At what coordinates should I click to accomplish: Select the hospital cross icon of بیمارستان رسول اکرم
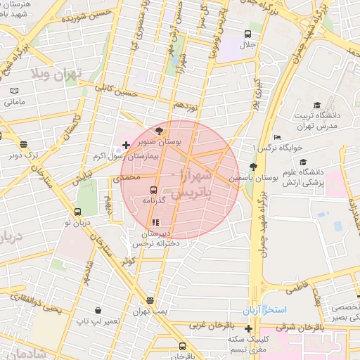click(126, 146)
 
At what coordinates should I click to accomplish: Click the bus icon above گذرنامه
click(153, 189)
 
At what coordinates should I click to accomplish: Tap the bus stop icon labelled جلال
click(247, 34)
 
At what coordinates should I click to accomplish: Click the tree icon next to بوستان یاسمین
click(253, 167)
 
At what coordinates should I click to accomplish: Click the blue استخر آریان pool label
click(262, 310)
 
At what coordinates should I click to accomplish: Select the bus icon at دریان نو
click(77, 212)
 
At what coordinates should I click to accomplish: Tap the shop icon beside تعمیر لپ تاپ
click(97, 309)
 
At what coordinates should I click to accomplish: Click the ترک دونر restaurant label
click(37, 155)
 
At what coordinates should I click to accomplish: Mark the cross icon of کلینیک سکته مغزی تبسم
click(248, 328)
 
